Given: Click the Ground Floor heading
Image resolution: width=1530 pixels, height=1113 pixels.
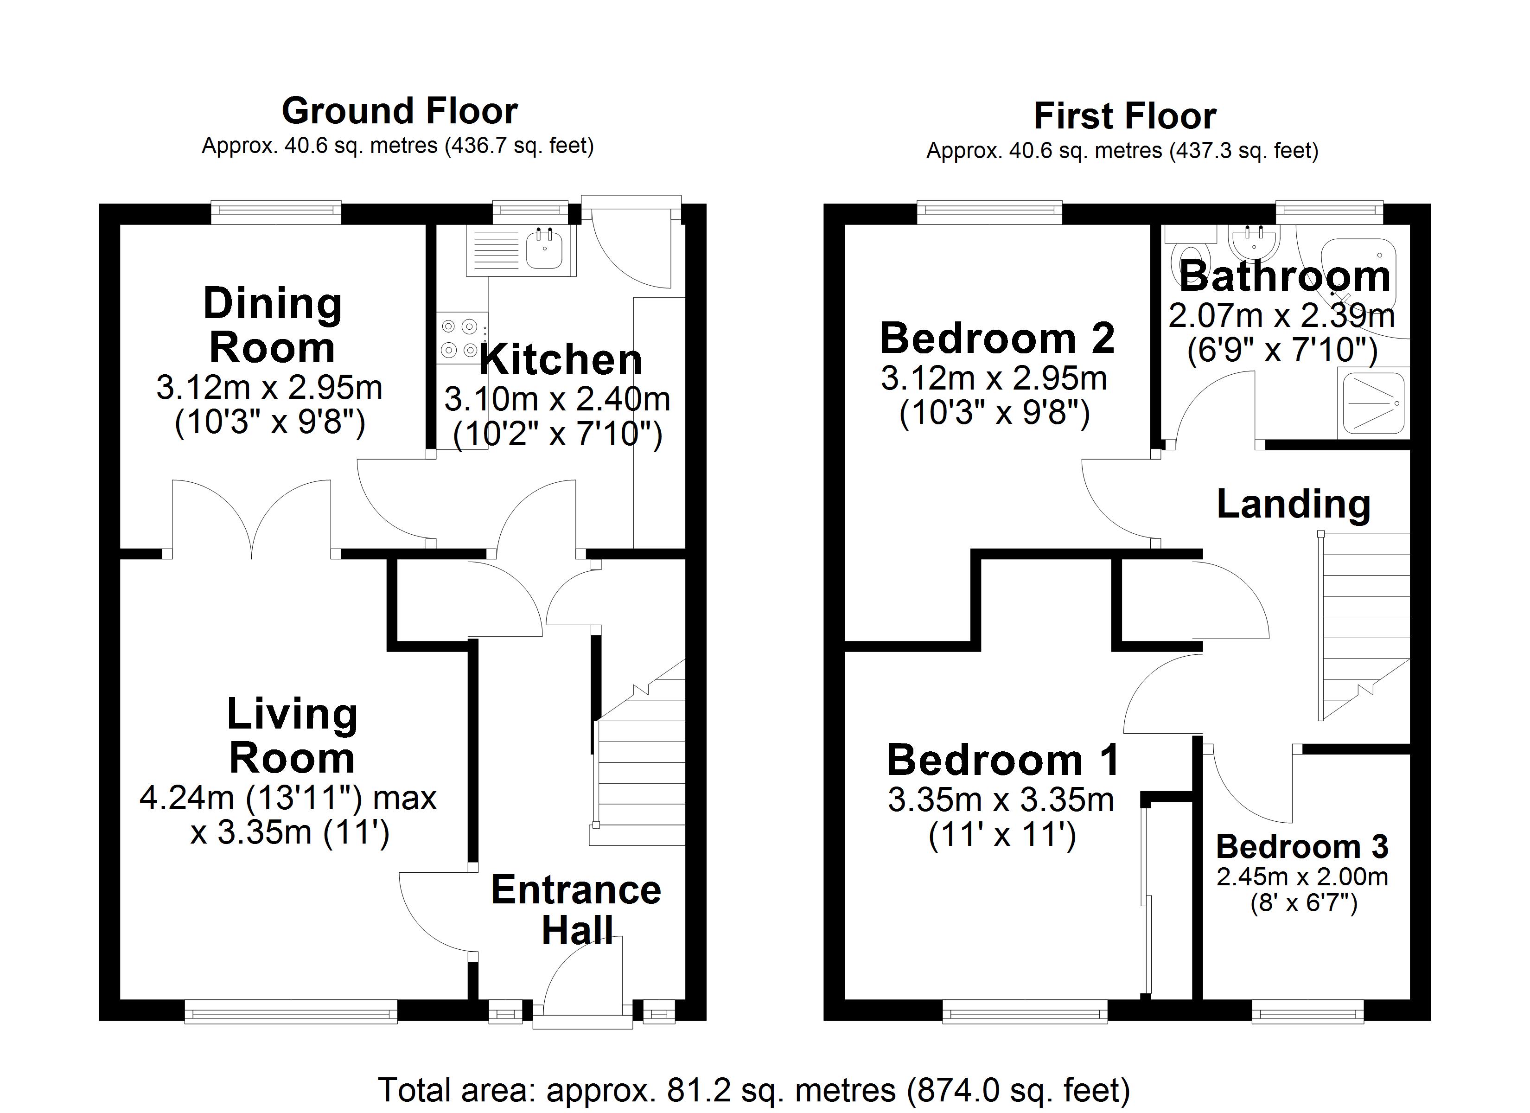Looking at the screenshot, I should [x=399, y=111].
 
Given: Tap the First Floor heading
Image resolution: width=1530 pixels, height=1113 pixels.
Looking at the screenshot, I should [x=1125, y=116].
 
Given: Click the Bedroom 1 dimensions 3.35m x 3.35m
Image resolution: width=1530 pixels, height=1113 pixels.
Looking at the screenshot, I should [x=1001, y=800].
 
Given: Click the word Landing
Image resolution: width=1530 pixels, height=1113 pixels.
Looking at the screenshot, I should [x=1293, y=504].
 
